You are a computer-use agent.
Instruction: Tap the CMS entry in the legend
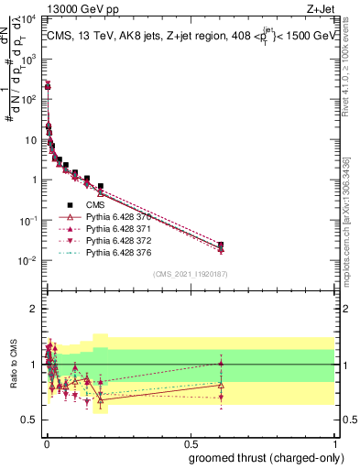pyautogui.click(x=96, y=204)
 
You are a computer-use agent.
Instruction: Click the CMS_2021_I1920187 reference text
pyautogui.click(x=190, y=274)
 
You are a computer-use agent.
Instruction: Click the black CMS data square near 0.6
pyautogui.click(x=221, y=245)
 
